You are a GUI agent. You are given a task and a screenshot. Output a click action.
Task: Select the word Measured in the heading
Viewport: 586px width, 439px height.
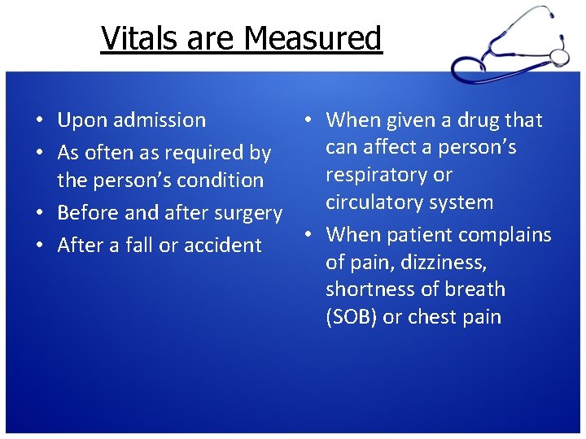coord(312,38)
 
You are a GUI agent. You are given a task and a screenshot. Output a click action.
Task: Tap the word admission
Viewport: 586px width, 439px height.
coord(160,120)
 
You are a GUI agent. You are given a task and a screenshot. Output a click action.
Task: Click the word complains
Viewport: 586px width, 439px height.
coord(505,235)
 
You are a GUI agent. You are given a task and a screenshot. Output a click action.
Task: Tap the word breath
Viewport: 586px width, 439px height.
coord(475,289)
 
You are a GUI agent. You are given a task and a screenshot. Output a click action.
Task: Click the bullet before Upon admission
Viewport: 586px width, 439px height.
coord(39,121)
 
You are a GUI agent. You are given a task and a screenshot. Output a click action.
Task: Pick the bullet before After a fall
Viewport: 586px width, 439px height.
coord(39,246)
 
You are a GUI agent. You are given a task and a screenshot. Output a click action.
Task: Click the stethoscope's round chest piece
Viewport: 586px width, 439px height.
coord(559,56)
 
